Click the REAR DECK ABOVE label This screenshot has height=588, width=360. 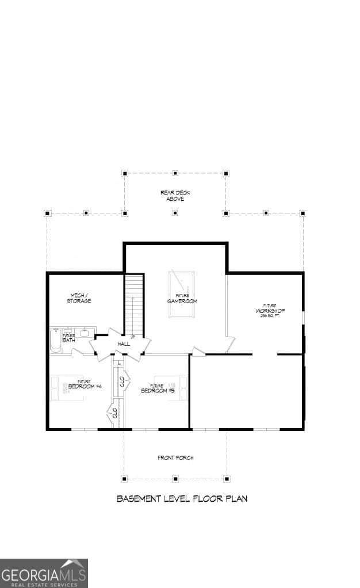coord(175,196)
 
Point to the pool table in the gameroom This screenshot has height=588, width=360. coord(181,293)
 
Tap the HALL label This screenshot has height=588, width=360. coord(123,344)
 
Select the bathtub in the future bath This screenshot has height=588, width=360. coord(55,340)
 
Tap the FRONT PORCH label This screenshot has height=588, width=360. coord(175,458)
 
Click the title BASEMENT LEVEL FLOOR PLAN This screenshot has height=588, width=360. coord(182,499)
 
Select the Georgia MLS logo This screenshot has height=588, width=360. coord(44,573)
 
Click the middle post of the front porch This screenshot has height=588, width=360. coord(175,478)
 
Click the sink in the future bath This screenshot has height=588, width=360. coord(84,333)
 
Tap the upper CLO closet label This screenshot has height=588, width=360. coord(121,381)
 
